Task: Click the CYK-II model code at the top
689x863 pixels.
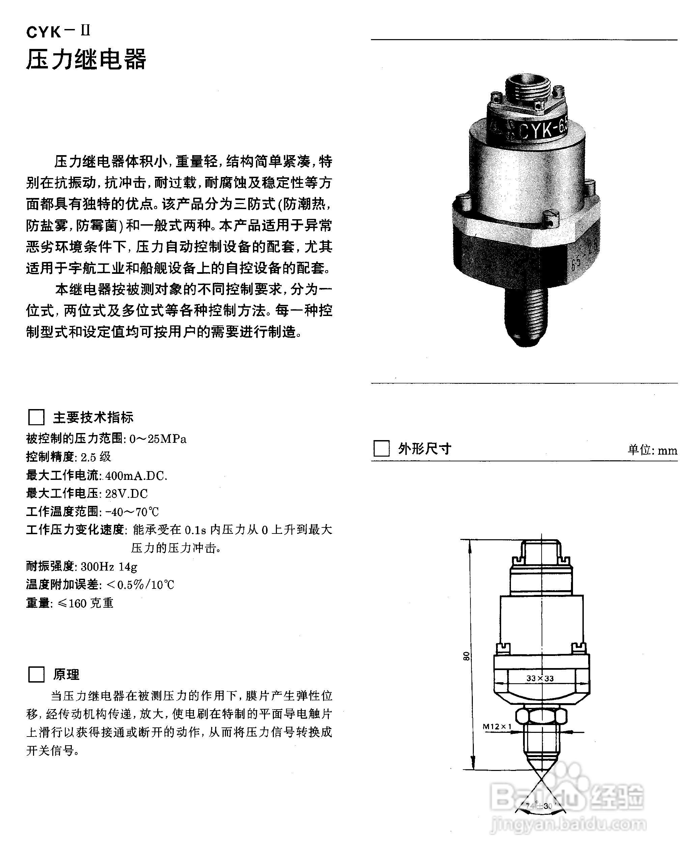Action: pyautogui.click(x=58, y=32)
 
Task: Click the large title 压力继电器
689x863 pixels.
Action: pyautogui.click(x=86, y=60)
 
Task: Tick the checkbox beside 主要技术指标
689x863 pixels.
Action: pyautogui.click(x=36, y=417)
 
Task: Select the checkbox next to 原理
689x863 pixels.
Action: pyautogui.click(x=36, y=674)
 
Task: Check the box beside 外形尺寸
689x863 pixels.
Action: pyautogui.click(x=381, y=448)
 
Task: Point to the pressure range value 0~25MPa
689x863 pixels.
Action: pyautogui.click(x=158, y=439)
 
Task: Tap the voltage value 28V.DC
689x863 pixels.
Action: pyautogui.click(x=126, y=493)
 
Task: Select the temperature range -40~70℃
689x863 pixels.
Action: pyautogui.click(x=132, y=512)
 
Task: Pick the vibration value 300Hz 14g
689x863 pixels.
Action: pyautogui.click(x=109, y=566)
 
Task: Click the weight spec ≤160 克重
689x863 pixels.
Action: pyautogui.click(x=85, y=603)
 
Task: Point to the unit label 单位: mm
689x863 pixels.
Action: pyautogui.click(x=652, y=450)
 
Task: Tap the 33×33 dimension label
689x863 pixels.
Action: pyautogui.click(x=540, y=679)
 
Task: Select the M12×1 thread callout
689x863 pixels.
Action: pyautogui.click(x=497, y=726)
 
